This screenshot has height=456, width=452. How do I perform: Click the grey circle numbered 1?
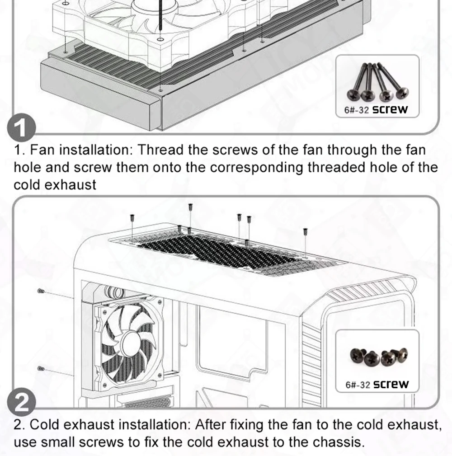[21, 127]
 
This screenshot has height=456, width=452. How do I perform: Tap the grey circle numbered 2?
[21, 402]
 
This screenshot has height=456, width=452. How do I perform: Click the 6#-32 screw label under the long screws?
[376, 109]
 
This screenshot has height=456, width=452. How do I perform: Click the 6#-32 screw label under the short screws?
[377, 384]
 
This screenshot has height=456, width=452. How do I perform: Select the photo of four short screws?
[379, 357]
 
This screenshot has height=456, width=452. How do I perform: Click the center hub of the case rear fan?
[131, 343]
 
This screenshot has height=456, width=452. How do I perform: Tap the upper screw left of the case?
[41, 291]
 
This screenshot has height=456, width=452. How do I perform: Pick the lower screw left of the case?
[41, 369]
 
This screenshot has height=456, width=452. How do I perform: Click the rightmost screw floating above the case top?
[305, 231]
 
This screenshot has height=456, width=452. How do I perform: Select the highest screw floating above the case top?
[190, 207]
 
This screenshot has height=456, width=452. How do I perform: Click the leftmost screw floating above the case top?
[132, 217]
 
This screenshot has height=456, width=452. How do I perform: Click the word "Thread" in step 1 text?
[160, 150]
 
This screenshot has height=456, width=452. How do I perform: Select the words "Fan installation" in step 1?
[80, 150]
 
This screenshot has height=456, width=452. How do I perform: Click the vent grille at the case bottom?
[148, 403]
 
